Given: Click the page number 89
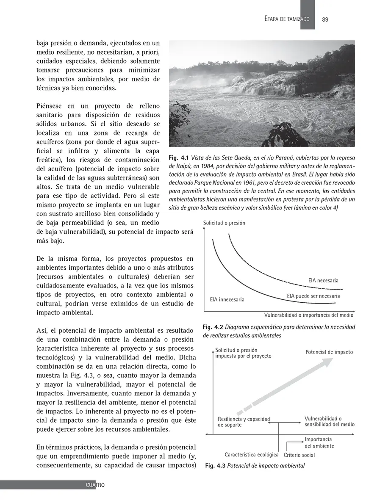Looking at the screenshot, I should pos(325,19).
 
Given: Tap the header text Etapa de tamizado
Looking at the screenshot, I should pos(286,19).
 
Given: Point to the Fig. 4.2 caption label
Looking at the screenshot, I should pos(213,327).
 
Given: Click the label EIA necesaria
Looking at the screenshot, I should pos(323,280).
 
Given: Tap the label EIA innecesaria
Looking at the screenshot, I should pos(227,300).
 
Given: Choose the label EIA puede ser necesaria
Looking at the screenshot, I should pos(313,296).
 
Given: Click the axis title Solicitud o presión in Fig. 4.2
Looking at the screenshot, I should pos(224,223).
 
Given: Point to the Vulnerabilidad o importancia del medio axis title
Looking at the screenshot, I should pos(308,315).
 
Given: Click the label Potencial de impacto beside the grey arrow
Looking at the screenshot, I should pos(329,352).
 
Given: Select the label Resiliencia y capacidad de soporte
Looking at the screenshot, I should pos(244,422).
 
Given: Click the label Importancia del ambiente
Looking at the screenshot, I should pos(319,443).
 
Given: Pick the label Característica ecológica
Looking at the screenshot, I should pos(251,455).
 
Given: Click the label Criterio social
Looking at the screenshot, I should pos(299,456).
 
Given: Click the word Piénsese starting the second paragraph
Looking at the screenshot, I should pos(52,105).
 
